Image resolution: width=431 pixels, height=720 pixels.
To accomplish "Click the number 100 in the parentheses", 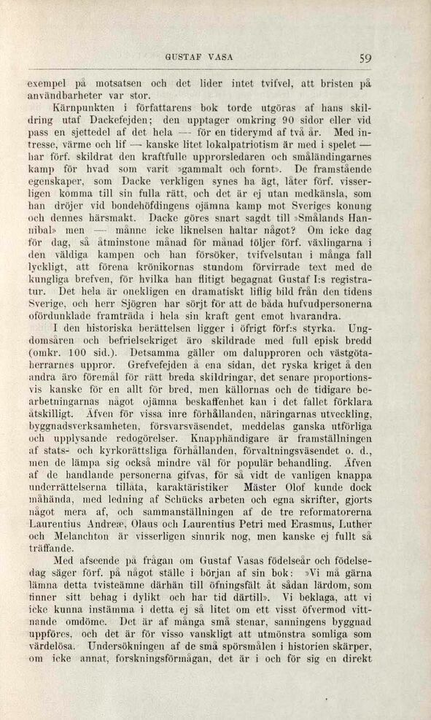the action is point(73,354).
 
